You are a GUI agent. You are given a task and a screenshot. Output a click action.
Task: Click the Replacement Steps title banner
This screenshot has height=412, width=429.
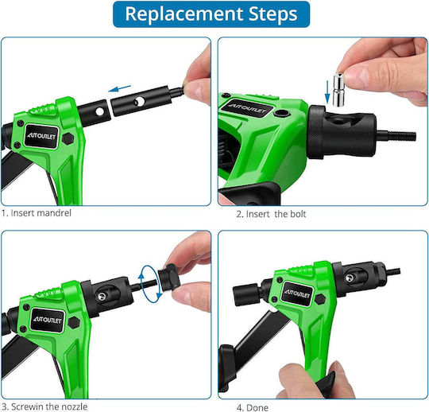point(211,14)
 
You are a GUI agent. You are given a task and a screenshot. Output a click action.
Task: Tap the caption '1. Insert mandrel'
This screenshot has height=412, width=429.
point(37,213)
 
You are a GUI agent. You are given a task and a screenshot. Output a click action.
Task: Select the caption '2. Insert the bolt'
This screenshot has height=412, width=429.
point(271,214)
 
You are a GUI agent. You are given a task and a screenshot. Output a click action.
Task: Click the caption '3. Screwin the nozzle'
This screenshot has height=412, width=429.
point(44,406)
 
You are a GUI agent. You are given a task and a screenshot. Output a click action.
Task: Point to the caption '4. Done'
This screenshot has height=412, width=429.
point(253,407)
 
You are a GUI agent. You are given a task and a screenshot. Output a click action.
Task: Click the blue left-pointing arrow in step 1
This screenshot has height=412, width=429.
point(119,88)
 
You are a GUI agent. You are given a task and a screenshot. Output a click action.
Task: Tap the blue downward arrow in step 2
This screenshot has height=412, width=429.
point(327,92)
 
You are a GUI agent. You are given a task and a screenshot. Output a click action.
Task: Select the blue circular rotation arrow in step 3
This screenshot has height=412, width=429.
point(150,284)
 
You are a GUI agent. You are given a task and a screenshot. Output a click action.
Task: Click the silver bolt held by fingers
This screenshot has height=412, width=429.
point(338,89)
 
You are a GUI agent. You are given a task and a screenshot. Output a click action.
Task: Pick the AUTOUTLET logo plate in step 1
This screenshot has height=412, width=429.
point(41,136)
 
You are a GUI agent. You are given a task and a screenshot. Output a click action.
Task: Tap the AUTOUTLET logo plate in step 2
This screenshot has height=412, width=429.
point(248,108)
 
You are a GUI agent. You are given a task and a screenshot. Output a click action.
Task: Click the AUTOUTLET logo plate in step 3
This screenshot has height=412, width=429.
point(48,320)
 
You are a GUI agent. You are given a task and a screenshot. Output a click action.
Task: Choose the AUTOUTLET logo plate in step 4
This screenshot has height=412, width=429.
point(297,293)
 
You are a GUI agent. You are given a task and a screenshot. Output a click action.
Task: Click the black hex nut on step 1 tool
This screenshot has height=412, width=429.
point(68,138)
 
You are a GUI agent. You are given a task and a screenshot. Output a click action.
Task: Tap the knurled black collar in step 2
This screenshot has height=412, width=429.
point(316,132)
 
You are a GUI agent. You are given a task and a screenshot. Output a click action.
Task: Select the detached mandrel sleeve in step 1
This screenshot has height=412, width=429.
point(141,101)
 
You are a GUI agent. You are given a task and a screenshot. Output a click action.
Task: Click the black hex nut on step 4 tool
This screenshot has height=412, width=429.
point(320,299)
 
